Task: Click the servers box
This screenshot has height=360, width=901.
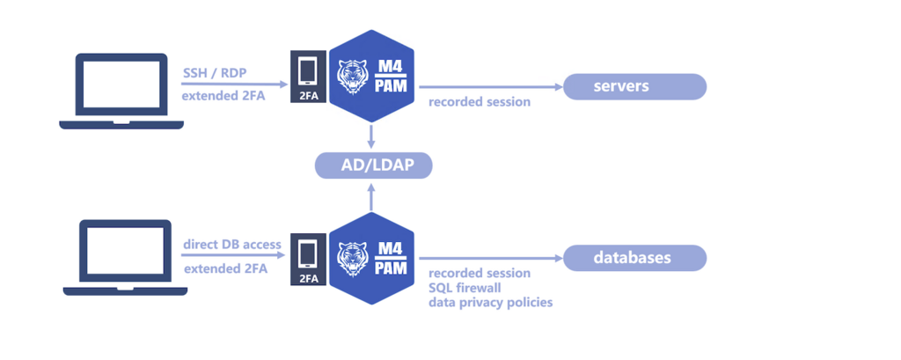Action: click(x=634, y=86)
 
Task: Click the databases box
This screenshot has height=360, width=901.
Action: click(x=634, y=258)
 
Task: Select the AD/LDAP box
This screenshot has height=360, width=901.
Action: click(x=374, y=165)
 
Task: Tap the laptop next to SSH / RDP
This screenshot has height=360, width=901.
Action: click(x=121, y=92)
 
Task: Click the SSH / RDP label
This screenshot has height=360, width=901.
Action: click(x=215, y=72)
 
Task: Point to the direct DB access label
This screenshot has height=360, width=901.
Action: click(x=232, y=244)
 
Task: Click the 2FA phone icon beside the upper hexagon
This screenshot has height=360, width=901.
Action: click(x=308, y=77)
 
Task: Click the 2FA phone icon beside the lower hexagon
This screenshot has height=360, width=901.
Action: click(x=308, y=258)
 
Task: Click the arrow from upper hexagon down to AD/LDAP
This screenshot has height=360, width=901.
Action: click(x=372, y=136)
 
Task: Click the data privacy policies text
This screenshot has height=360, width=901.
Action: click(x=491, y=303)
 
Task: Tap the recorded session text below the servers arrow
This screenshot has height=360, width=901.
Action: click(x=480, y=101)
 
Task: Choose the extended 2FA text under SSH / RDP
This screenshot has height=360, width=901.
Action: click(x=224, y=95)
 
